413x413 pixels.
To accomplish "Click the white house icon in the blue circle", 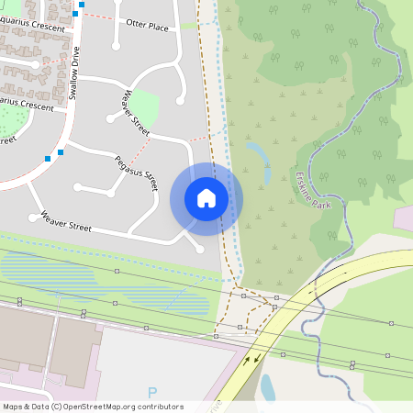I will (x=206, y=198).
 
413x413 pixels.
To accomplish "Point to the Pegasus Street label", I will (x=137, y=173).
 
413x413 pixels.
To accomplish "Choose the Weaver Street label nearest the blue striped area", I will (x=66, y=221).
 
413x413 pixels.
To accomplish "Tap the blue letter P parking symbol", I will (x=152, y=393).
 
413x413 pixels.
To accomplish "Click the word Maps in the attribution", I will (x=13, y=407).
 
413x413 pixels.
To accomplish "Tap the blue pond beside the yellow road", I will (x=267, y=388).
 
